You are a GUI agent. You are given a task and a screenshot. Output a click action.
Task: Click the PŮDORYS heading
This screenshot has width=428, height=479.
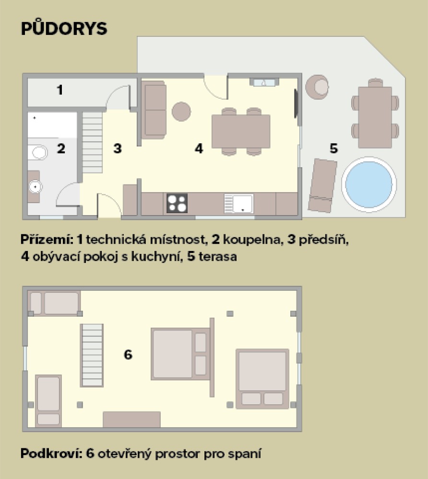(64, 28)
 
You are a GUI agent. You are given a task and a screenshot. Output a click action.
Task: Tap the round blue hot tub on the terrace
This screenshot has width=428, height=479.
(369, 184)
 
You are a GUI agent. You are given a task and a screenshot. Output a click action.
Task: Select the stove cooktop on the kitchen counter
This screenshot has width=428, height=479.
(177, 204)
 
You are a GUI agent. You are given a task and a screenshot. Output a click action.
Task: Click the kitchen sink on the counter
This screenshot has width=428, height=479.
(238, 204)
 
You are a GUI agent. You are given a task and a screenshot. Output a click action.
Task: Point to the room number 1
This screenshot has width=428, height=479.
(60, 90)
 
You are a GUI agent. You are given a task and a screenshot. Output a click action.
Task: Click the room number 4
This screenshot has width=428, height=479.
(199, 148)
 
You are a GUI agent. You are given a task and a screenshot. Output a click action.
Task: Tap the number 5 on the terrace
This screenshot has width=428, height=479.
(334, 148)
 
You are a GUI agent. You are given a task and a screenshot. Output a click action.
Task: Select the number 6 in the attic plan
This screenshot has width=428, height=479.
(128, 354)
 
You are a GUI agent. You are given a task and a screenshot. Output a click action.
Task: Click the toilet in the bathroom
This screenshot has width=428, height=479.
(38, 153)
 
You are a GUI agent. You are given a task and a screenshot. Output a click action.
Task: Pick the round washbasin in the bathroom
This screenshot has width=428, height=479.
(35, 187)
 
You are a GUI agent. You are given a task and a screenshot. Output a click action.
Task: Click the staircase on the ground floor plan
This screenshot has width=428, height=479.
(93, 143)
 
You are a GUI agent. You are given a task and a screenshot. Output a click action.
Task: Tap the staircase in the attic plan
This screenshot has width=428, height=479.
(92, 355)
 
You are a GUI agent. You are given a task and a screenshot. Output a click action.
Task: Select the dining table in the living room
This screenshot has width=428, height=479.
(241, 131)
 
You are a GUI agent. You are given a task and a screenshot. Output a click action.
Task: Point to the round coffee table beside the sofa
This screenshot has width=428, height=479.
(181, 112)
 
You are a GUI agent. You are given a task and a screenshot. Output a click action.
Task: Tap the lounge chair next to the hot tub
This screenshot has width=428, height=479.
(322, 185)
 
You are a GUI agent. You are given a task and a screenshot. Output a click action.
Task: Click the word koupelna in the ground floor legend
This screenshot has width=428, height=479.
(251, 239)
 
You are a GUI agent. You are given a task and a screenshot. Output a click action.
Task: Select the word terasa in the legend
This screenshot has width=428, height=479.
(217, 257)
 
